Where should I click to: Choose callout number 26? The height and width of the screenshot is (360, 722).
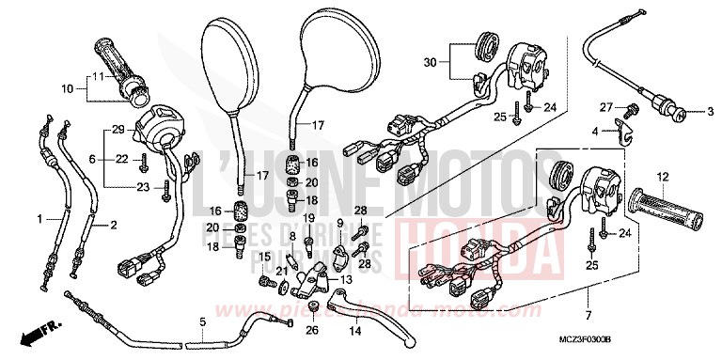pyautogui.click(x=311, y=330)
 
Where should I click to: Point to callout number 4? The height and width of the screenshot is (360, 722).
pyautogui.click(x=595, y=131)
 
